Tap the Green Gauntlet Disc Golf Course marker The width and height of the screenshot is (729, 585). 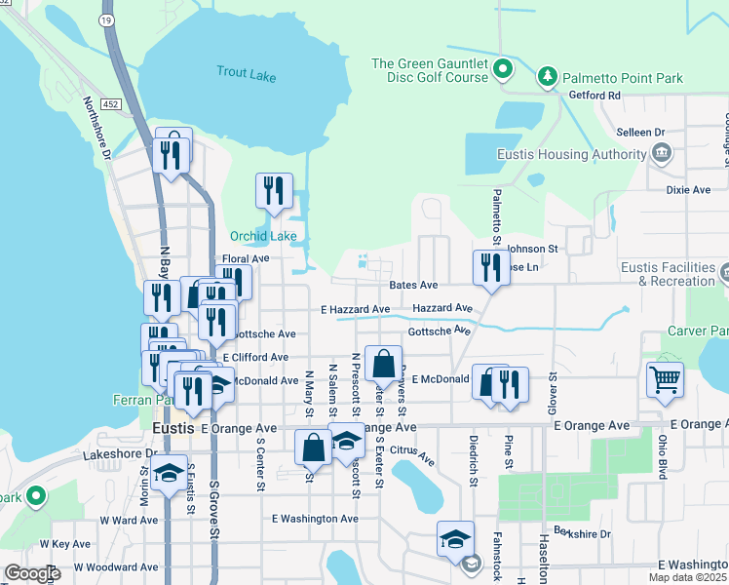coord(503,68)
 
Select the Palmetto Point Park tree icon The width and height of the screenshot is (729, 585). coord(548,76)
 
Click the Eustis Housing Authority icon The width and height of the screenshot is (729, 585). coord(662,153)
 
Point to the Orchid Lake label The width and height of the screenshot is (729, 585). coord(262,236)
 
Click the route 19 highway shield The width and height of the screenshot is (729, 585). coord(105,19)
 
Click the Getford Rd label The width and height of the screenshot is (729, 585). coord(594,96)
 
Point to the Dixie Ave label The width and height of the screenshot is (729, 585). coord(687,190)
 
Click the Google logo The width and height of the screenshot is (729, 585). coord(31,573)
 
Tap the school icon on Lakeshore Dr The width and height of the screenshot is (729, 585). coord(170,473)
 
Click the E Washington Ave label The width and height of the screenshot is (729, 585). coord(315,519)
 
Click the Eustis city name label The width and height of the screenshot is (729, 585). coord(173,428)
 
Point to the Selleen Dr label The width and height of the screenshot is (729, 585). coord(640,132)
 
